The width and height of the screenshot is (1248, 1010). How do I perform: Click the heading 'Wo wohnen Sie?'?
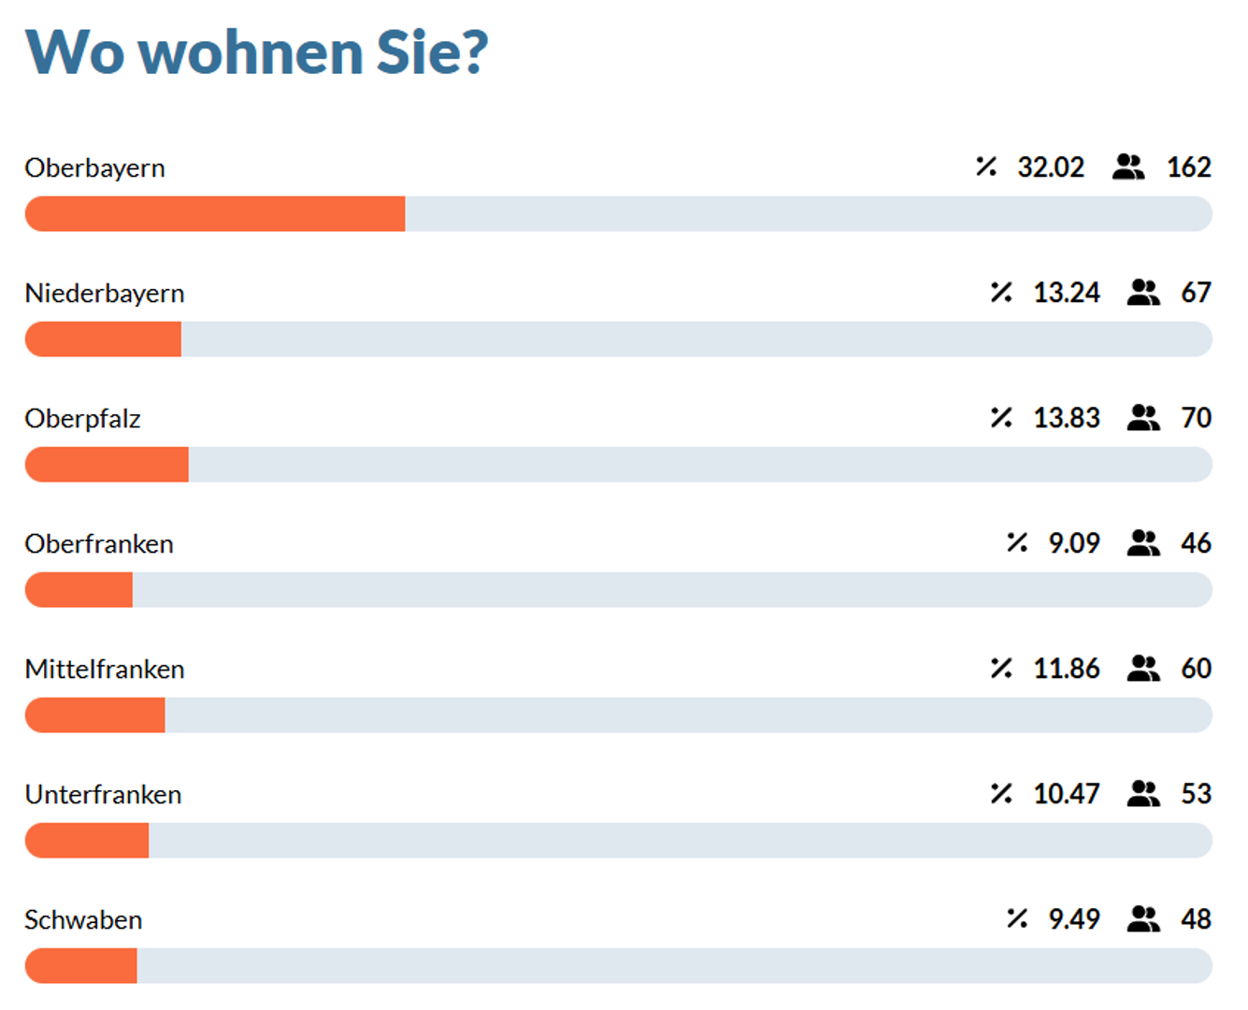pyautogui.click(x=257, y=52)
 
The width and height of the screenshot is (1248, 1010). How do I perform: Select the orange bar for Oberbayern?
pyautogui.click(x=215, y=214)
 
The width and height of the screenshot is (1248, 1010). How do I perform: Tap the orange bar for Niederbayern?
pyautogui.click(x=103, y=339)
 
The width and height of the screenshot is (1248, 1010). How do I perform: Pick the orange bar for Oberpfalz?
pyautogui.click(x=107, y=464)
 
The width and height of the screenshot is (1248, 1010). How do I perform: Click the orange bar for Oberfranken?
pyautogui.click(x=79, y=590)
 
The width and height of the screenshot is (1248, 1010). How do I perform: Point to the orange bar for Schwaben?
pyautogui.click(x=80, y=965)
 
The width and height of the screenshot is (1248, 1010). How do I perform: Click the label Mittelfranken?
pyautogui.click(x=105, y=670)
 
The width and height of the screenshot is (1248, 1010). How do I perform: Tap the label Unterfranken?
pyautogui.click(x=103, y=795)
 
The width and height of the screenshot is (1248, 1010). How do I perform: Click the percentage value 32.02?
pyautogui.click(x=1051, y=167)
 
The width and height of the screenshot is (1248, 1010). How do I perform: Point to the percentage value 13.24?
pyautogui.click(x=1067, y=293)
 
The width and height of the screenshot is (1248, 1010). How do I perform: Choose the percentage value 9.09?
pyautogui.click(x=1074, y=543)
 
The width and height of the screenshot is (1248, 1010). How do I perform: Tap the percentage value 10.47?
pyautogui.click(x=1067, y=794)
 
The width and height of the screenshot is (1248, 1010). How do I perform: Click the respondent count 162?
pyautogui.click(x=1189, y=167)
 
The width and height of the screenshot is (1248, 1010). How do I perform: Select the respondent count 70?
pyautogui.click(x=1196, y=418)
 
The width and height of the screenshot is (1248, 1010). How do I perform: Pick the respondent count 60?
pyautogui.click(x=1196, y=669)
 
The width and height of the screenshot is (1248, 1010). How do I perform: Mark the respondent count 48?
pyautogui.click(x=1196, y=919)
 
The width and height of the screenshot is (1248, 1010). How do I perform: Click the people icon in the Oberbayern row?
pyautogui.click(x=1128, y=167)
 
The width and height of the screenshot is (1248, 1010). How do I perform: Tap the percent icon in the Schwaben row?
pyautogui.click(x=1017, y=918)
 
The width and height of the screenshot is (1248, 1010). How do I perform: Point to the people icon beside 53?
pyautogui.click(x=1143, y=794)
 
